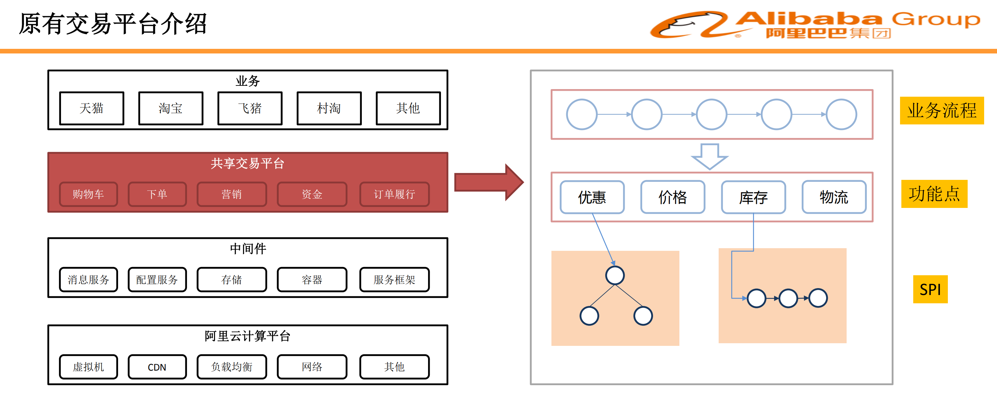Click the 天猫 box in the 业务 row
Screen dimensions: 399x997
pyautogui.click(x=92, y=108)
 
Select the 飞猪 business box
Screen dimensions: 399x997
pyautogui.click(x=250, y=108)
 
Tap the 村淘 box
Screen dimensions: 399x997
pyautogui.click(x=329, y=108)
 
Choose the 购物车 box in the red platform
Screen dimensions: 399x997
pyautogui.click(x=88, y=194)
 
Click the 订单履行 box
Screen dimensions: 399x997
pyautogui.click(x=394, y=194)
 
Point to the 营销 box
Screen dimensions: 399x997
pyautogui.click(x=232, y=194)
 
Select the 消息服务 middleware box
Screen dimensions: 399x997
pyautogui.click(x=88, y=279)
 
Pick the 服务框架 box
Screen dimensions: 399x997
pyautogui.click(x=394, y=279)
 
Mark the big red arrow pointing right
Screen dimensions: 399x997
pyautogui.click(x=488, y=183)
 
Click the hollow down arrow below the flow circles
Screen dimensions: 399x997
pyautogui.click(x=709, y=156)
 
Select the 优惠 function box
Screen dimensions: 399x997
pyautogui.click(x=592, y=197)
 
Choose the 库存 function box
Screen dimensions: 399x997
pyautogui.click(x=753, y=197)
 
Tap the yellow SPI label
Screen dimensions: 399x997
pyautogui.click(x=930, y=289)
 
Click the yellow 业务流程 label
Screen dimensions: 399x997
pyautogui.click(x=942, y=111)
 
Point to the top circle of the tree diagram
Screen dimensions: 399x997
pyautogui.click(x=615, y=276)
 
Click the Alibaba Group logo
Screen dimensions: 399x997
pyautogui.click(x=815, y=24)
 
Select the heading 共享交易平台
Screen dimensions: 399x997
pyautogui.click(x=247, y=163)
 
